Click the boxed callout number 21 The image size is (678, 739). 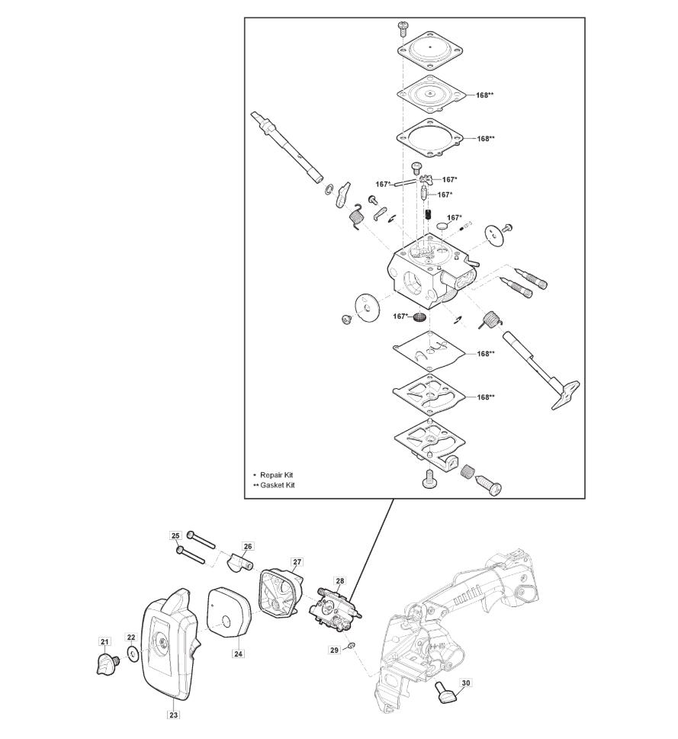[x=104, y=641]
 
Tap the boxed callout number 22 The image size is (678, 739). [x=131, y=638]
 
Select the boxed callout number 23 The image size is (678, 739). [x=174, y=715]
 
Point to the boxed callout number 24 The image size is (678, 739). [x=239, y=654]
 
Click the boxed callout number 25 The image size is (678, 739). [x=175, y=536]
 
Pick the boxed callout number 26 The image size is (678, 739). [x=248, y=546]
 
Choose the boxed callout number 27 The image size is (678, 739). [x=297, y=562]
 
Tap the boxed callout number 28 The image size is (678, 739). [x=339, y=580]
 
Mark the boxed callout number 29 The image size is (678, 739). [x=334, y=651]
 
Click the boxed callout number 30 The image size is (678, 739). [x=465, y=683]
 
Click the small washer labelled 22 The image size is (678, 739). [x=133, y=654]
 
